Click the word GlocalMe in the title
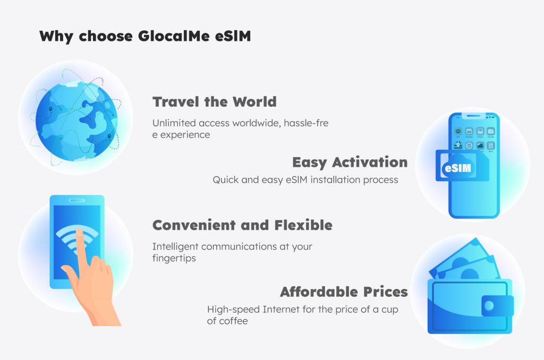point(174,36)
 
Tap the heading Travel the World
point(215,101)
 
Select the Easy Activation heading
point(350,162)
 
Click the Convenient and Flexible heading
point(242,225)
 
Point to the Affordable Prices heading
point(344,292)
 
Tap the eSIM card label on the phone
point(458,168)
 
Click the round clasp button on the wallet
point(489,305)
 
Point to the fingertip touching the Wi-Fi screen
point(80,232)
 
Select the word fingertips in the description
point(174,259)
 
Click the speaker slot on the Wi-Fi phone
point(76,201)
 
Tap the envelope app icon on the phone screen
point(458,131)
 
